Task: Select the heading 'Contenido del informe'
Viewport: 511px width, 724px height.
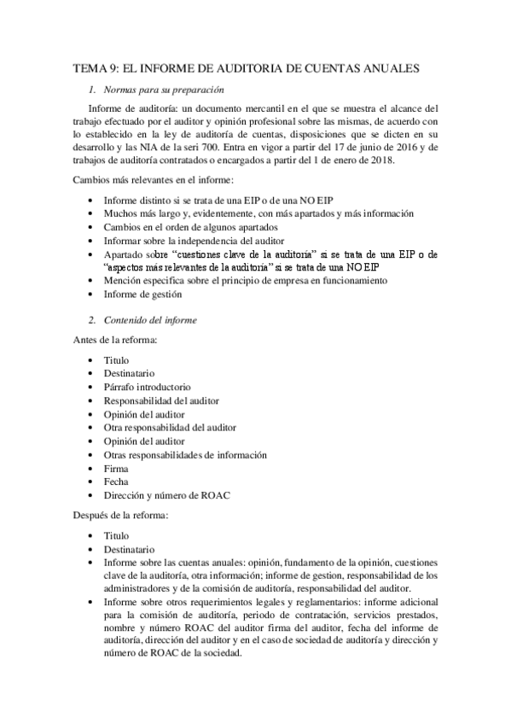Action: point(150,320)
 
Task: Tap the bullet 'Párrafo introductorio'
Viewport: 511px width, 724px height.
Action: point(148,387)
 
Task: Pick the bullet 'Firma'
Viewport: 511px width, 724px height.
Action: point(116,469)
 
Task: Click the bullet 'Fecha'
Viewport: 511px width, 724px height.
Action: point(116,482)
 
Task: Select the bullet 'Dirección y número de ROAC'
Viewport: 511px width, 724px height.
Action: point(166,495)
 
